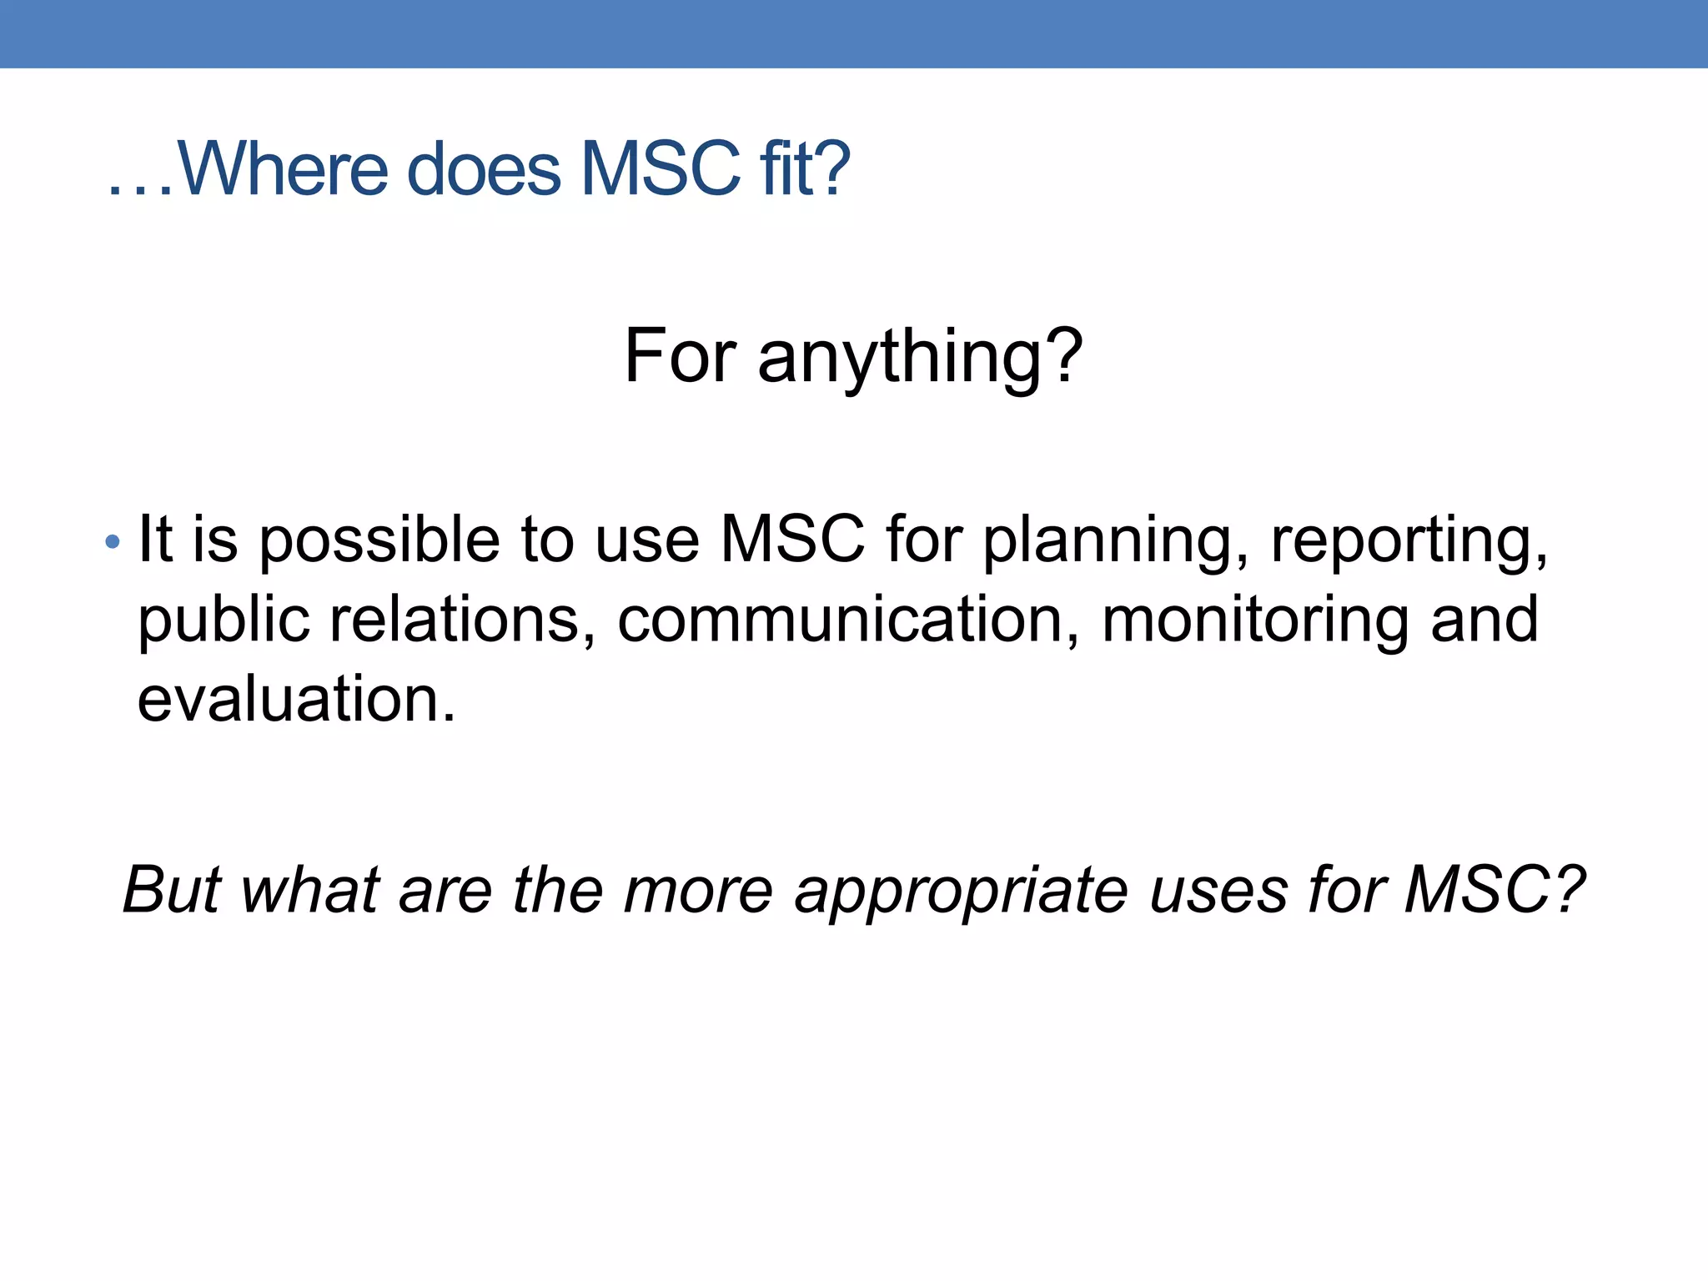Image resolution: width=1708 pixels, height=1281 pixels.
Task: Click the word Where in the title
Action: [283, 169]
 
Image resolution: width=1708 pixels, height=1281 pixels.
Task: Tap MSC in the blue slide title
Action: [660, 169]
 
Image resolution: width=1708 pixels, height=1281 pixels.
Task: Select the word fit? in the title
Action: [804, 169]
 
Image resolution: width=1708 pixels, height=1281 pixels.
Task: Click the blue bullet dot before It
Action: [113, 543]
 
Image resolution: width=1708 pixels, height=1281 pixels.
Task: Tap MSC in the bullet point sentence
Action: [792, 540]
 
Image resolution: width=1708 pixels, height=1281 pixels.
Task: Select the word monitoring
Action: [1255, 621]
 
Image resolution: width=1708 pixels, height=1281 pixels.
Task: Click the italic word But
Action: [172, 890]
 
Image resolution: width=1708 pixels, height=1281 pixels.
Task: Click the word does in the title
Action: [484, 169]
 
